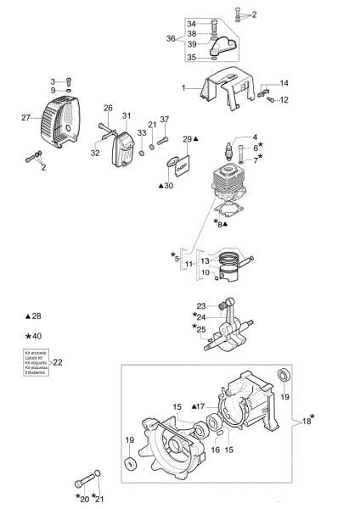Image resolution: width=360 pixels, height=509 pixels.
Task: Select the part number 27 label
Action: [25, 118]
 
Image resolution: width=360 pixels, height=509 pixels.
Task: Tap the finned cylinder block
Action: [227, 186]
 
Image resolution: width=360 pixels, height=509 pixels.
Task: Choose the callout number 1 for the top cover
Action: [183, 87]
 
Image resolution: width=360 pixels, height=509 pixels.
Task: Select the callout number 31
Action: [127, 115]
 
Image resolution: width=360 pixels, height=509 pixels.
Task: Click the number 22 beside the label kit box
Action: [58, 361]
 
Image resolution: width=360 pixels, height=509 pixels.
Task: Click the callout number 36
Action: [171, 39]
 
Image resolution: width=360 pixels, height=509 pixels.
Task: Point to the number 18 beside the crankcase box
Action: [306, 420]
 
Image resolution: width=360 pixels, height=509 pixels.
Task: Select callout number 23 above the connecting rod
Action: [201, 305]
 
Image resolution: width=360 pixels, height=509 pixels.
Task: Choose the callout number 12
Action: [284, 100]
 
